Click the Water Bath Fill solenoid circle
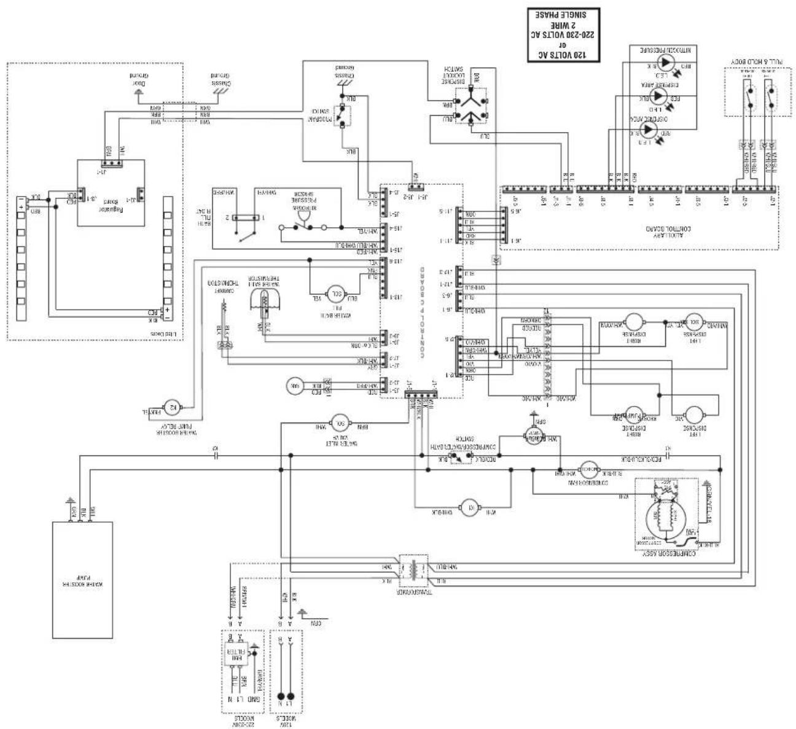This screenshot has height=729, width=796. [336, 294]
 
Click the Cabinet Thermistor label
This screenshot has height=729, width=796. [217, 287]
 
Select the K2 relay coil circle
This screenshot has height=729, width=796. [172, 405]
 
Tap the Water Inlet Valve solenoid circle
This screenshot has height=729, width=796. [340, 422]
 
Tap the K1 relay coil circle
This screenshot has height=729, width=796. [471, 507]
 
